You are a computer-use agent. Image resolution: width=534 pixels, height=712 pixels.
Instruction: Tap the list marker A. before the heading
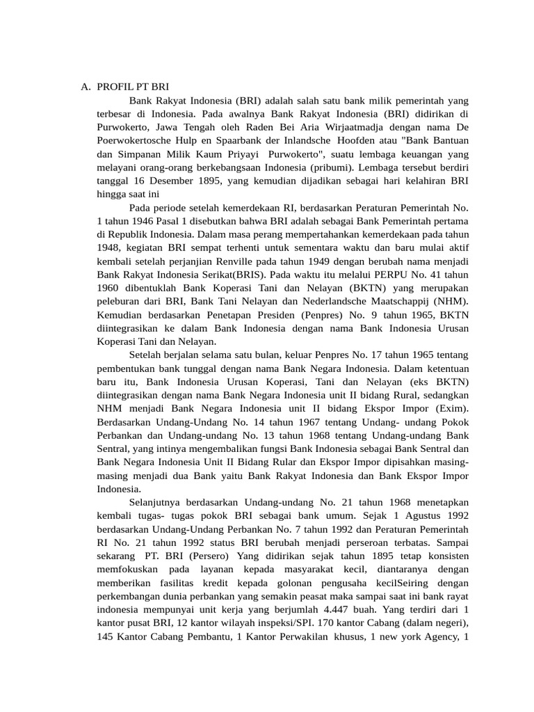(x=86, y=87)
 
